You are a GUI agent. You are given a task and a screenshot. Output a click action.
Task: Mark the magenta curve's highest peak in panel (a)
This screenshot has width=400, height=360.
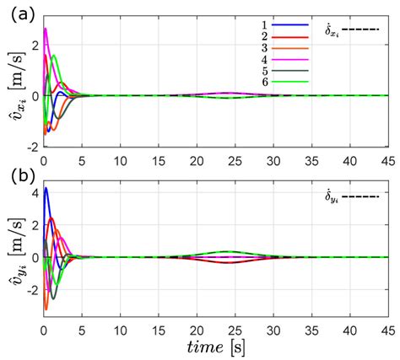pyautogui.click(x=46, y=29)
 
